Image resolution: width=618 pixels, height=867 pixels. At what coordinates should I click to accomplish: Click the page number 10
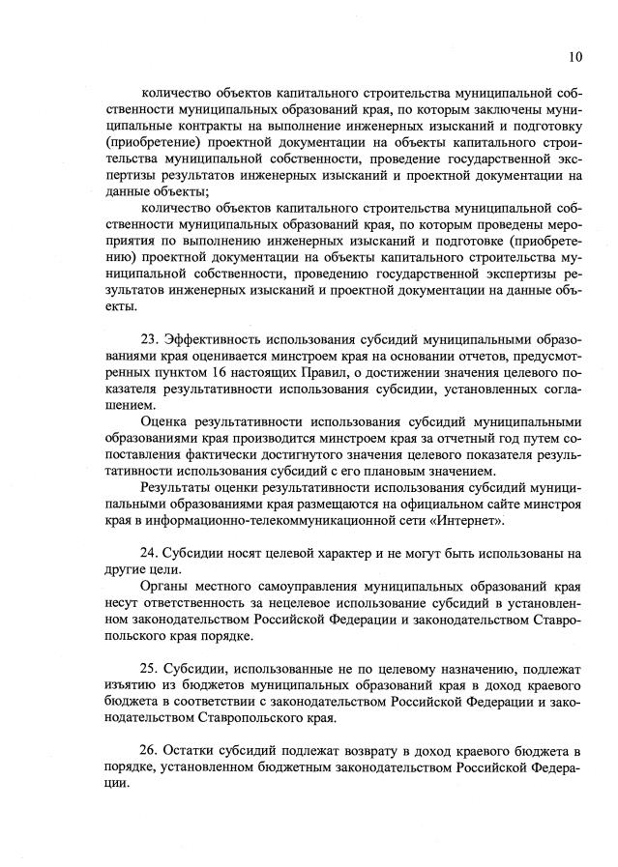[575, 57]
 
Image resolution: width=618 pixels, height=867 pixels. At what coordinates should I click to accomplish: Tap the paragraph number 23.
[150, 339]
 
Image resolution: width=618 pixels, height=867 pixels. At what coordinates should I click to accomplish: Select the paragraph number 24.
[150, 553]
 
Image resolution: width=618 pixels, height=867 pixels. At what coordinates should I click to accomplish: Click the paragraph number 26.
[150, 750]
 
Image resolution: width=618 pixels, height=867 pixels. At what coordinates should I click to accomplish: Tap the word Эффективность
[216, 339]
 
